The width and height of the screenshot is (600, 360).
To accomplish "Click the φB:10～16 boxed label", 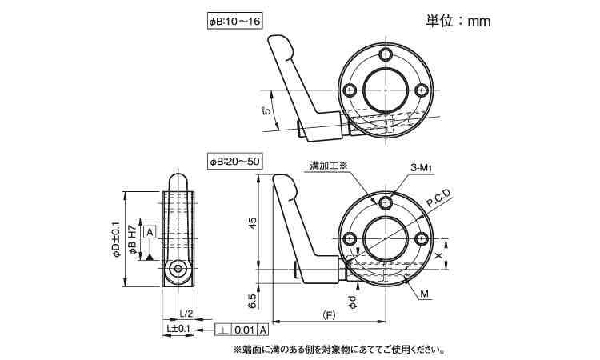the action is click(x=234, y=22).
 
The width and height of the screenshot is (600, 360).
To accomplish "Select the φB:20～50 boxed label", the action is click(x=234, y=161).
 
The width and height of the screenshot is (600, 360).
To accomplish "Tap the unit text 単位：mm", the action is click(x=458, y=21).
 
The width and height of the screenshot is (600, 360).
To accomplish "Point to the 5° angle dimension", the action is click(x=267, y=110).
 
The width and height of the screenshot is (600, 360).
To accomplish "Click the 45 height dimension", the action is click(x=253, y=222).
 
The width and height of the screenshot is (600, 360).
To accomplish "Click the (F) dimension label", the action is click(x=328, y=316).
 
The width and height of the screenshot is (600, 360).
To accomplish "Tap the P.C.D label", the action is click(x=439, y=198).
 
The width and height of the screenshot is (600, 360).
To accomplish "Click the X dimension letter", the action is click(x=439, y=254).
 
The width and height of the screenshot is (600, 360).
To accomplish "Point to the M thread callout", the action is click(x=425, y=294).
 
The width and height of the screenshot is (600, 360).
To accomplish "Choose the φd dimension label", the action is click(x=354, y=302).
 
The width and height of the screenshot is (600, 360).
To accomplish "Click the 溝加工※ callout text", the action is click(x=327, y=166).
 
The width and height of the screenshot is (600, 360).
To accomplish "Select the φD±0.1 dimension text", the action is click(x=116, y=239).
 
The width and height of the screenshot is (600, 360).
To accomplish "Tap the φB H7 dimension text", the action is click(x=132, y=240).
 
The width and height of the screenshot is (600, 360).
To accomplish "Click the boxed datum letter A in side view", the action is click(x=150, y=232).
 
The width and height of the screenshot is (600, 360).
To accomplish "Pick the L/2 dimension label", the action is click(x=186, y=314).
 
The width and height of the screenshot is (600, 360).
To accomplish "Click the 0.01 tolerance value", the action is click(x=245, y=330).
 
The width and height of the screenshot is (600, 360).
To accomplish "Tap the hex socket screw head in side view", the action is click(x=178, y=268).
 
